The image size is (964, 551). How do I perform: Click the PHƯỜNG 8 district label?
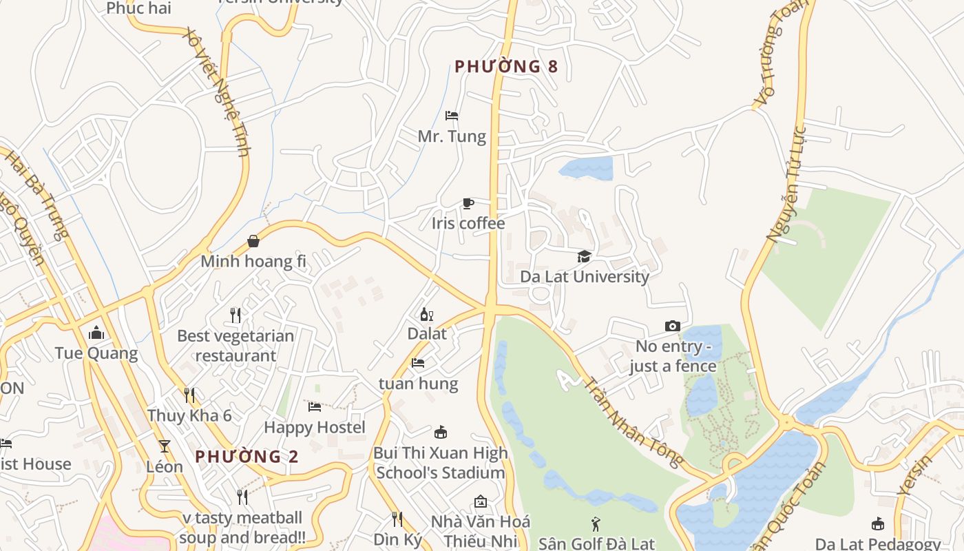click(x=506, y=67)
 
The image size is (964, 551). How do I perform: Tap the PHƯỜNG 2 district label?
click(x=247, y=457)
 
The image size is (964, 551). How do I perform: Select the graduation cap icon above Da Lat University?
click(x=584, y=257)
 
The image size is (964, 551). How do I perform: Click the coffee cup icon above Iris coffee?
click(x=468, y=203)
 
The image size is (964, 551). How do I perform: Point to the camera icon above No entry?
click(x=673, y=326)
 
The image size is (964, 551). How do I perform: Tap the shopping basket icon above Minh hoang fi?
click(x=253, y=241)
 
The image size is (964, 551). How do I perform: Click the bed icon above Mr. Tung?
click(x=452, y=115)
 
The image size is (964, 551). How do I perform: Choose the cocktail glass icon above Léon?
click(x=164, y=446)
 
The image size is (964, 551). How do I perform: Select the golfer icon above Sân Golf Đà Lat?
click(x=596, y=524)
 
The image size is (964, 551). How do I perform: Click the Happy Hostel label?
click(x=315, y=428)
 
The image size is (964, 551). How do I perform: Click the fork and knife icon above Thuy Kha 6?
click(x=189, y=395)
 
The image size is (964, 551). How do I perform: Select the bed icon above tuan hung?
click(x=418, y=363)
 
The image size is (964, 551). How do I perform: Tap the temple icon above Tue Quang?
click(x=96, y=333)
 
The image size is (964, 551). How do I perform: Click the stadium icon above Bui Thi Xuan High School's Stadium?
click(x=441, y=433)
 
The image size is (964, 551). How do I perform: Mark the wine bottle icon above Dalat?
click(x=427, y=314)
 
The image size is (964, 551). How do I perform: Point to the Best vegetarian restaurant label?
click(x=235, y=346)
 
